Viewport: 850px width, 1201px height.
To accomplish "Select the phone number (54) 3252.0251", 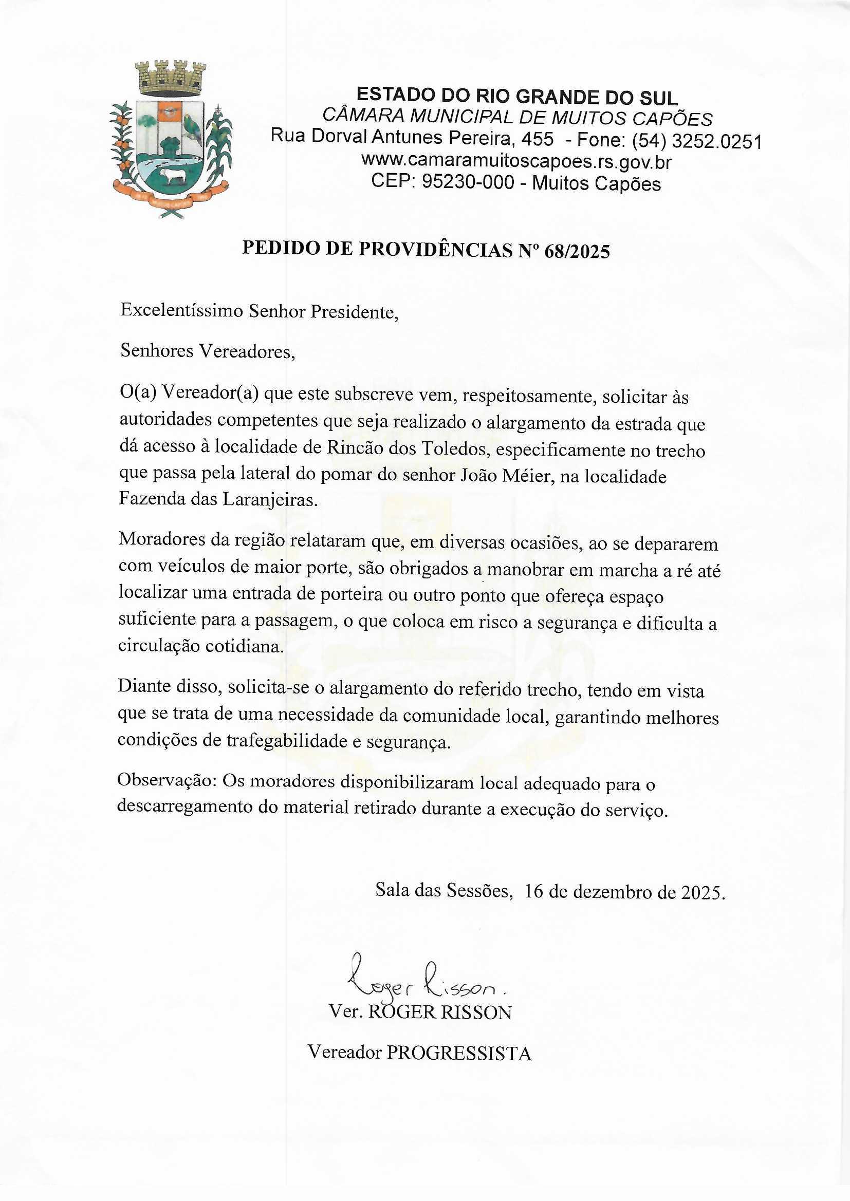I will click(x=697, y=141).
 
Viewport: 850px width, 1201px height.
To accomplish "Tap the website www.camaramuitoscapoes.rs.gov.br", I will click(x=515, y=162).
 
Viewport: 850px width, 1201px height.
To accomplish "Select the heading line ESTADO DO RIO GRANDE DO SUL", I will click(x=516, y=97).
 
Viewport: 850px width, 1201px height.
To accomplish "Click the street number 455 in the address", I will click(x=536, y=139).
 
